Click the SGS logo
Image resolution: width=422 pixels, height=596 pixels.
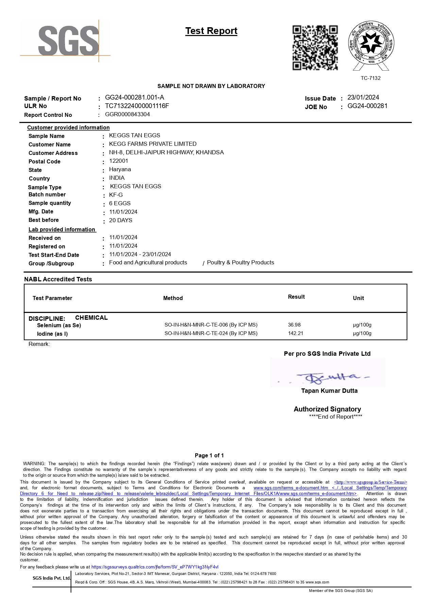(68, 41)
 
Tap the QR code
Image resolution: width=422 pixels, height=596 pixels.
(315, 48)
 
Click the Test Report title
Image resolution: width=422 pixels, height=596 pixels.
(211, 31)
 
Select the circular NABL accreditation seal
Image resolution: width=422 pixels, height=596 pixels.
(371, 44)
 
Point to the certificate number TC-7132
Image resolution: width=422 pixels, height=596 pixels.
(371, 78)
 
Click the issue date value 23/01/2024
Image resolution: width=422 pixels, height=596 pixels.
(363, 98)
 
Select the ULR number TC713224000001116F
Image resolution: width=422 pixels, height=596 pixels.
(137, 106)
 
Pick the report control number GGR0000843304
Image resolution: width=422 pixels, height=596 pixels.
(128, 115)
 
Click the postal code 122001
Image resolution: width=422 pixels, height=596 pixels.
(119, 161)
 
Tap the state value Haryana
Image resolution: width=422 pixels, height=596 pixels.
(120, 170)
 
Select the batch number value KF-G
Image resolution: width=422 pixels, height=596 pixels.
(116, 195)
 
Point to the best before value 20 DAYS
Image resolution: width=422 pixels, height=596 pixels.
(121, 221)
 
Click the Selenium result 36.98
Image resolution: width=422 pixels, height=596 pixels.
(294, 325)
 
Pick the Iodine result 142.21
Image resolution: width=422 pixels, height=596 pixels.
(296, 333)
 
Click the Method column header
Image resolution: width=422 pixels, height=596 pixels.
(173, 298)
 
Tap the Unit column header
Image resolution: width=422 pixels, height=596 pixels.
(358, 298)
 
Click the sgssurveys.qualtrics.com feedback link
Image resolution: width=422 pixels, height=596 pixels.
(155, 567)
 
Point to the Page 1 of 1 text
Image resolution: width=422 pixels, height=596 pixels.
(209, 455)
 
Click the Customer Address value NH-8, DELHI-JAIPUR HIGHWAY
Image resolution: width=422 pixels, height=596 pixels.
(166, 153)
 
